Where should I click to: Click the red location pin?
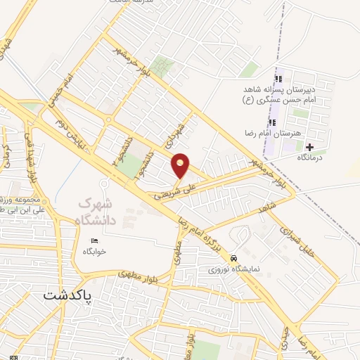tap(181, 166)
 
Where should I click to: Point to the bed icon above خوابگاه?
tap(96, 241)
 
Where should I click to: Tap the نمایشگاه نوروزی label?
tap(237, 269)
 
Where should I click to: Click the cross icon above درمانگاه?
tap(309, 147)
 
